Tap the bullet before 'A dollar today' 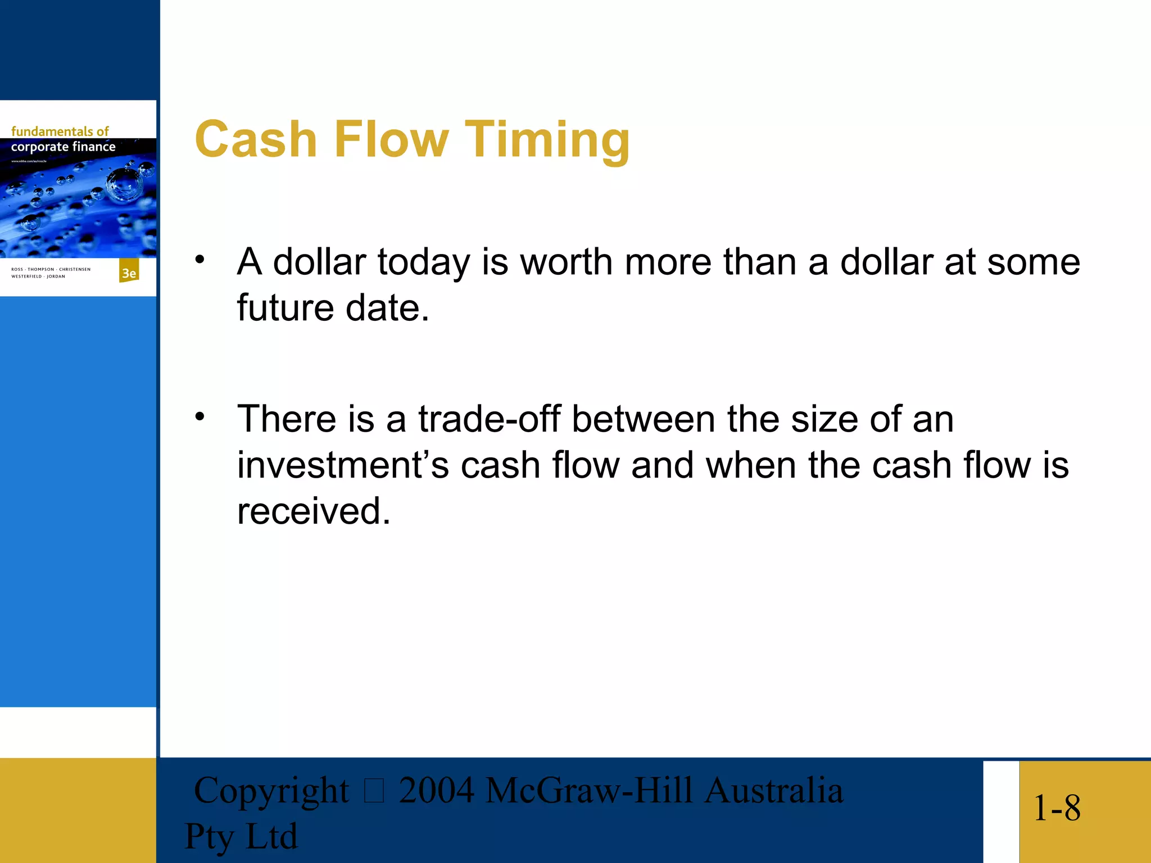click(x=200, y=260)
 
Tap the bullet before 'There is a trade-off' click(x=200, y=417)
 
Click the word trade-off click(x=489, y=419)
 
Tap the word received click(x=313, y=511)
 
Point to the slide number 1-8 click(x=1057, y=809)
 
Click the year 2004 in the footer click(x=437, y=791)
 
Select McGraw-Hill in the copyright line click(x=589, y=791)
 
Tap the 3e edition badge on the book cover click(x=129, y=273)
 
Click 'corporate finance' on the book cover click(x=63, y=147)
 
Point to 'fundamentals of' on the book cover click(x=60, y=131)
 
